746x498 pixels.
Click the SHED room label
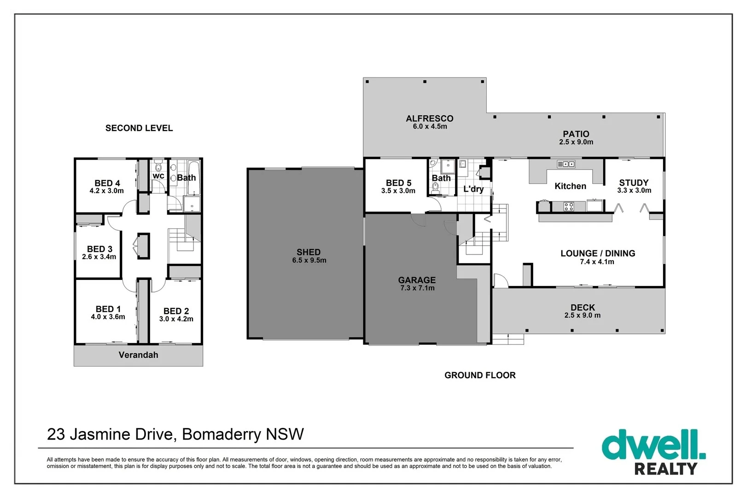308,252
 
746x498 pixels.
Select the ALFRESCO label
429,119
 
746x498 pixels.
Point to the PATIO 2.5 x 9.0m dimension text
576,142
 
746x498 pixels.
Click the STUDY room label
633,183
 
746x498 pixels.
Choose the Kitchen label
570,186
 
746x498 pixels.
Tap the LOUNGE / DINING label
597,253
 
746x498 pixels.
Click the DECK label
583,307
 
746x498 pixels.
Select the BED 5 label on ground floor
398,183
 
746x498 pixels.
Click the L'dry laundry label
473,189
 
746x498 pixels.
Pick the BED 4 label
107,183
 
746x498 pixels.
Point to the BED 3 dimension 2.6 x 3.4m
99,257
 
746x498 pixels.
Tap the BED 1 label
108,309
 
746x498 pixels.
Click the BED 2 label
176,311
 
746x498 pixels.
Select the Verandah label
138,355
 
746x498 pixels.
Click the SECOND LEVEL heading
139,128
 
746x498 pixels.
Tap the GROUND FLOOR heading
480,375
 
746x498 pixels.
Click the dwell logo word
653,445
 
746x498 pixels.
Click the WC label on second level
158,176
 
